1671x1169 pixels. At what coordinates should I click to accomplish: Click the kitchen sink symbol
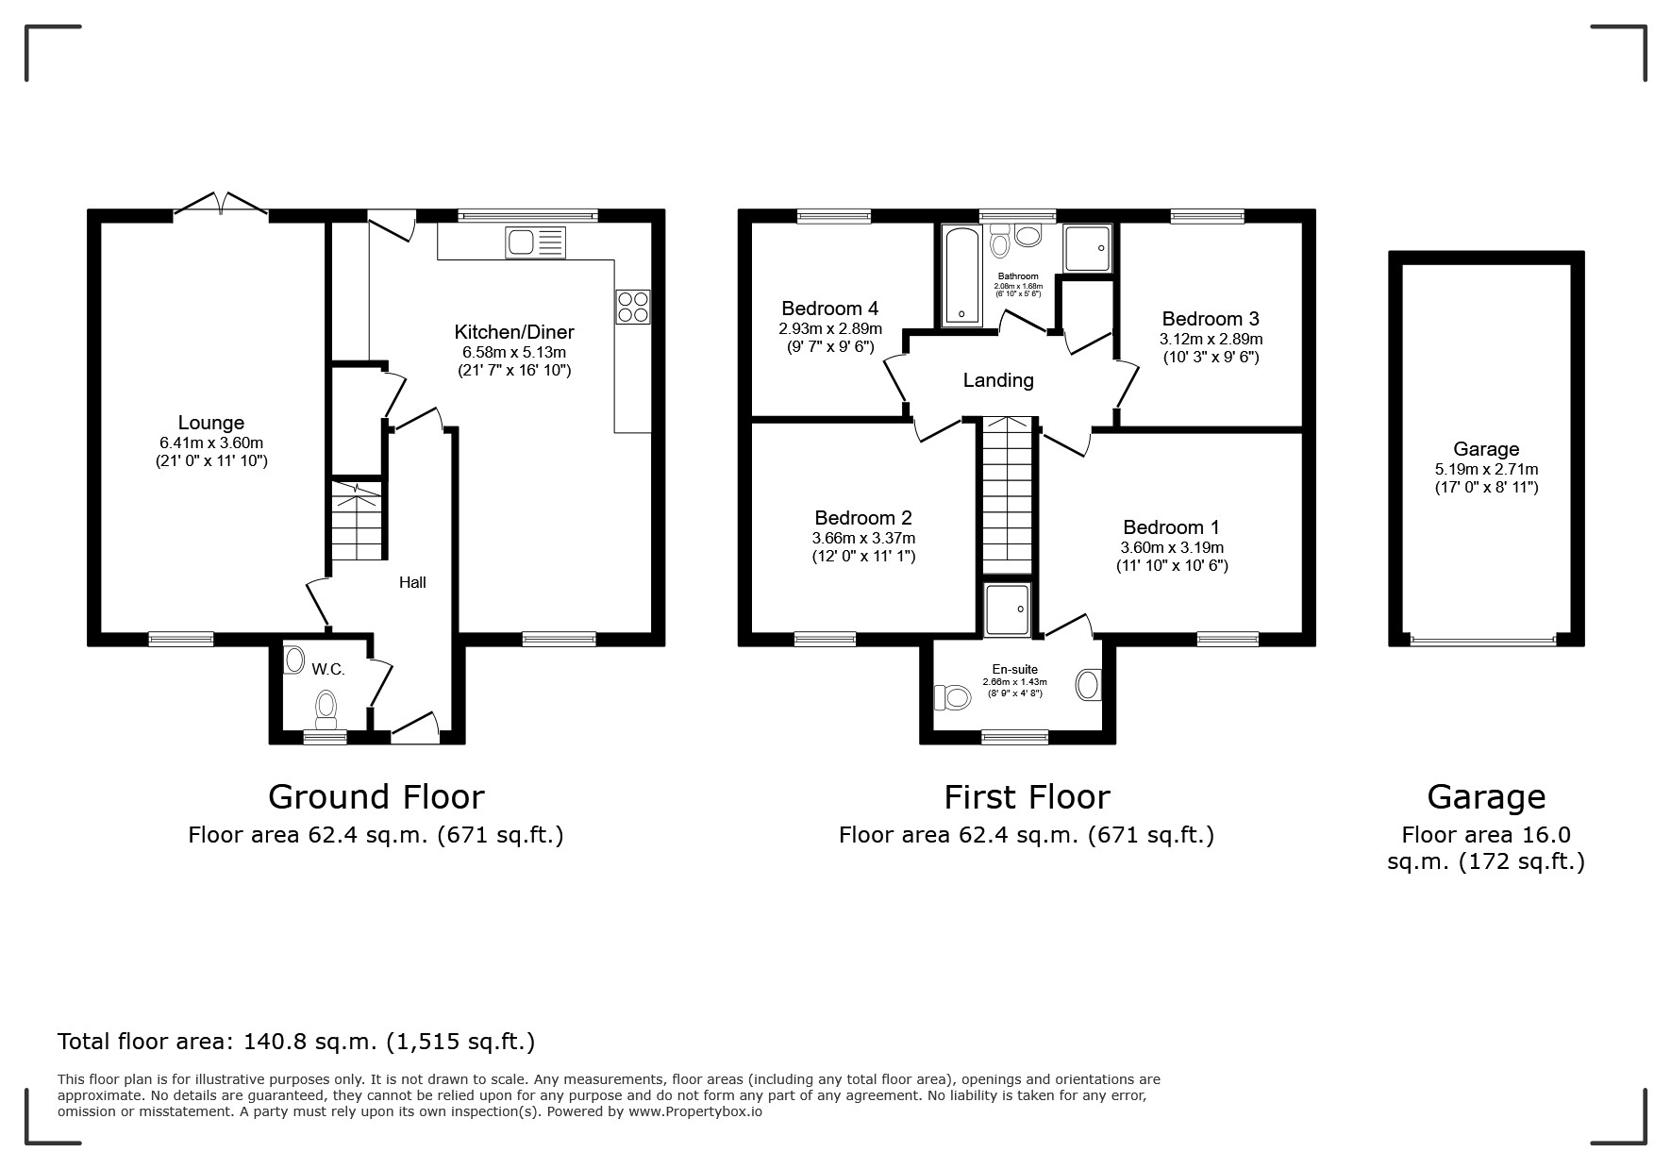pyautogui.click(x=535, y=242)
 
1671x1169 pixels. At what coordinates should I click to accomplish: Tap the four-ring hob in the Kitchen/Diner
pyautogui.click(x=633, y=307)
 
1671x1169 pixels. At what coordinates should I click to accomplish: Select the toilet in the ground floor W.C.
pyautogui.click(x=326, y=709)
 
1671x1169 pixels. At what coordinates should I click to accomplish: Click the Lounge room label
pyautogui.click(x=211, y=423)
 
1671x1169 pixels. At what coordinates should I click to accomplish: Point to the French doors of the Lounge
pyautogui.click(x=220, y=205)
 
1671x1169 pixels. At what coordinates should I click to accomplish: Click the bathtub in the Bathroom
pyautogui.click(x=961, y=275)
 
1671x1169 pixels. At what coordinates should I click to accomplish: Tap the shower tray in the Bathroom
pyautogui.click(x=1088, y=247)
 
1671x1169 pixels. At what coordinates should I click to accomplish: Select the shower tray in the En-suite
pyautogui.click(x=1007, y=609)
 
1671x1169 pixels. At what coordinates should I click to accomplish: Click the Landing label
pyautogui.click(x=998, y=380)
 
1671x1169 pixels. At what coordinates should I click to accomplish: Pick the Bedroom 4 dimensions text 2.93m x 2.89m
pyautogui.click(x=830, y=328)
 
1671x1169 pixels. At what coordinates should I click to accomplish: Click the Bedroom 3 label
pyautogui.click(x=1211, y=319)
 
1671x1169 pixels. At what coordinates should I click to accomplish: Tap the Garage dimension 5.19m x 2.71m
pyautogui.click(x=1486, y=469)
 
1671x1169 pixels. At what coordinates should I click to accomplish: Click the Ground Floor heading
pyautogui.click(x=376, y=797)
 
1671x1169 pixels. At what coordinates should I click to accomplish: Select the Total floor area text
pyautogui.click(x=296, y=1042)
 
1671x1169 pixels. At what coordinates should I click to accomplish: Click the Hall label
pyautogui.click(x=412, y=582)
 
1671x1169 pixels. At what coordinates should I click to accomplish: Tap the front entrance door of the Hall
pyautogui.click(x=415, y=728)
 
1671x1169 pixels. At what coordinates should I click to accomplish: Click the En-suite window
pyautogui.click(x=1014, y=737)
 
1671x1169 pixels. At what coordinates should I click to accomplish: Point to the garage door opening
pyautogui.click(x=1483, y=642)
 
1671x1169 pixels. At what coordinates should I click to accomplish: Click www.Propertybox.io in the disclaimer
pyautogui.click(x=694, y=1111)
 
